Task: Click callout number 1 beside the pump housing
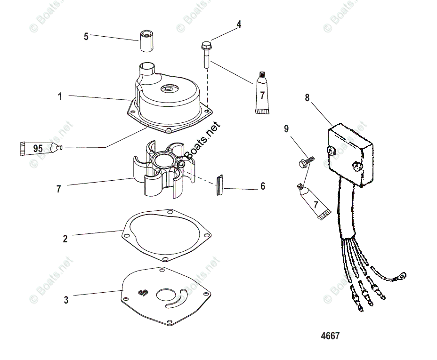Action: tap(60, 96)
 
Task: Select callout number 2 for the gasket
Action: tap(65, 239)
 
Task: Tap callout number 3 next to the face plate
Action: tap(66, 300)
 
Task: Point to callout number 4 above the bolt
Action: tap(239, 24)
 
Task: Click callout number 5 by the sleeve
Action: tap(86, 36)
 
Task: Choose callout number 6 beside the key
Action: tap(263, 187)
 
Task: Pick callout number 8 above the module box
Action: tap(307, 98)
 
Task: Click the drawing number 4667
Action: tap(330, 336)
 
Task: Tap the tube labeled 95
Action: tap(40, 149)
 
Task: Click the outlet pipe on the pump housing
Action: tap(147, 72)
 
